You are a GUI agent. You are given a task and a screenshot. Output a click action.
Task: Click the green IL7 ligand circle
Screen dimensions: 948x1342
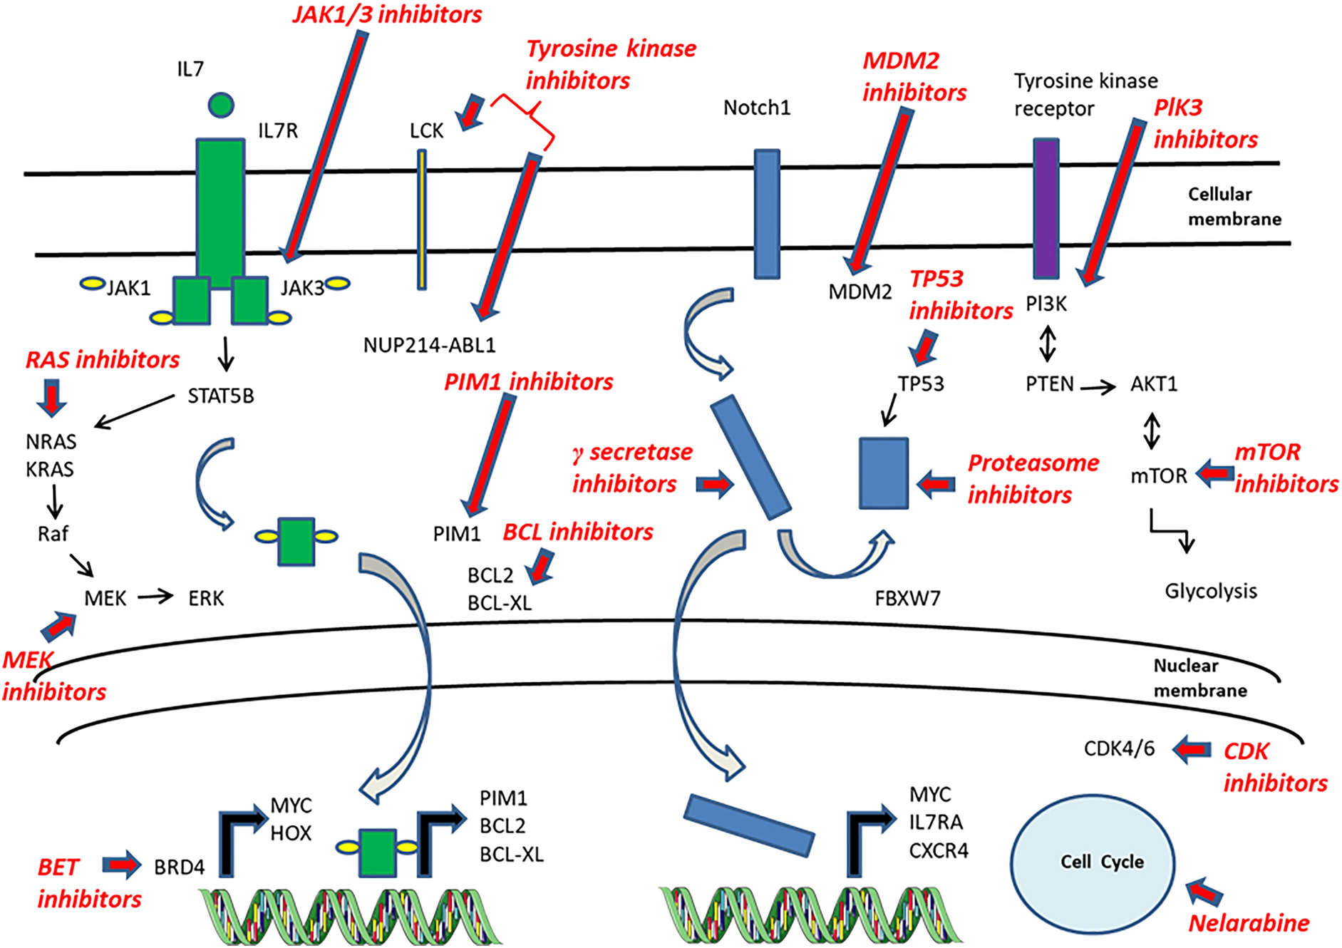(221, 105)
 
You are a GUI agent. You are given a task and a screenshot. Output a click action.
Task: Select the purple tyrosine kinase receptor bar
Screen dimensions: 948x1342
(1046, 208)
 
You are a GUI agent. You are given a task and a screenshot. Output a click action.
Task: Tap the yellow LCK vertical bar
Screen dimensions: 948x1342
(422, 219)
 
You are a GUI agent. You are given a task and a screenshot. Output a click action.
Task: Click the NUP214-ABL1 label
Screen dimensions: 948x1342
(429, 346)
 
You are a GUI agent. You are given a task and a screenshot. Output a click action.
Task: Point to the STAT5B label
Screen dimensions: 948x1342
(220, 396)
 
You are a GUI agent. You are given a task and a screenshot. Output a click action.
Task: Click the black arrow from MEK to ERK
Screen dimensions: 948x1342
(155, 596)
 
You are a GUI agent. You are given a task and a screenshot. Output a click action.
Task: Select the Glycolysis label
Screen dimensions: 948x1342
(1210, 591)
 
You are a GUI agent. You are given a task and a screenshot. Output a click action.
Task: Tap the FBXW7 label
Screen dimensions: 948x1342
(907, 598)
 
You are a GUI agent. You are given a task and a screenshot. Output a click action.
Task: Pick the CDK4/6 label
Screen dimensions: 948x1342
(1119, 748)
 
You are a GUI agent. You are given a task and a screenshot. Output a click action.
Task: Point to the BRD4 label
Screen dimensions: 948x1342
(179, 867)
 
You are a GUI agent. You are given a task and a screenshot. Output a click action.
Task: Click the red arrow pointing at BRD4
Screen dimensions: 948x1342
(122, 865)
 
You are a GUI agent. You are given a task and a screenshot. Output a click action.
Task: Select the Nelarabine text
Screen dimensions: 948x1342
(1249, 924)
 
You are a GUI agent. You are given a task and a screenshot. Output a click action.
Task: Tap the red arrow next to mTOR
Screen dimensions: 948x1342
(1214, 473)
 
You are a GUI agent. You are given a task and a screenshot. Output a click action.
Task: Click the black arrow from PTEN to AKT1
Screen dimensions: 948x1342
(1098, 388)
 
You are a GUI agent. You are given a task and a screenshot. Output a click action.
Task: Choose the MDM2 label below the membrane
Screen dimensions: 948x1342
(860, 292)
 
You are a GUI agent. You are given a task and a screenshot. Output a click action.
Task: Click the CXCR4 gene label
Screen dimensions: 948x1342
(938, 851)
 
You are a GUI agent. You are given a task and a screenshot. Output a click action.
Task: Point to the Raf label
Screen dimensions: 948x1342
(53, 534)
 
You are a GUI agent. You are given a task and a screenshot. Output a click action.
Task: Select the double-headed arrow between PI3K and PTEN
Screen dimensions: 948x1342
(1046, 344)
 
